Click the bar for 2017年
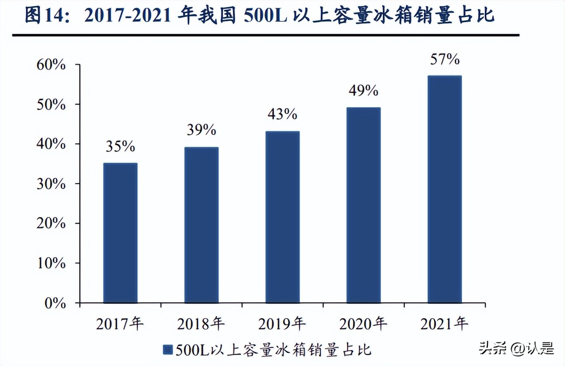click(120, 233)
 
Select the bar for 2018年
click(201, 225)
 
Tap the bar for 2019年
click(282, 217)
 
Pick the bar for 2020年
click(364, 205)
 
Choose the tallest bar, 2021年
click(444, 189)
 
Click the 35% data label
click(120, 147)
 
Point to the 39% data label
click(201, 130)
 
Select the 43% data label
click(282, 114)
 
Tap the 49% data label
click(364, 91)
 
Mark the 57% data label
click(444, 59)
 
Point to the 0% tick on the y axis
click(55, 303)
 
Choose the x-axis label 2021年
click(444, 324)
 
